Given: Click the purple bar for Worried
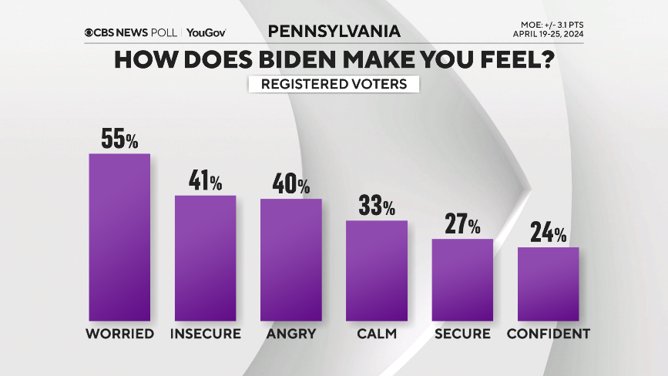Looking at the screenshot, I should point(119,237).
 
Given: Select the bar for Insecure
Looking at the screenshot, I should point(206,258).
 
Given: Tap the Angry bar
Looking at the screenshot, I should point(291,260).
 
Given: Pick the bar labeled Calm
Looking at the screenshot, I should point(377,270).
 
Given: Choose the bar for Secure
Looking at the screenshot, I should point(462,280).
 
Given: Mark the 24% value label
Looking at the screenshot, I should point(548,233).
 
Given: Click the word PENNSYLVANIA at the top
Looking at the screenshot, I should point(334,32).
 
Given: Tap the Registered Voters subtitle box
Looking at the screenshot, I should point(334,84).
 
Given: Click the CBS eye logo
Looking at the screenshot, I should point(89,32).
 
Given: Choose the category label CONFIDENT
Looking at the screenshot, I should point(548,334).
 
